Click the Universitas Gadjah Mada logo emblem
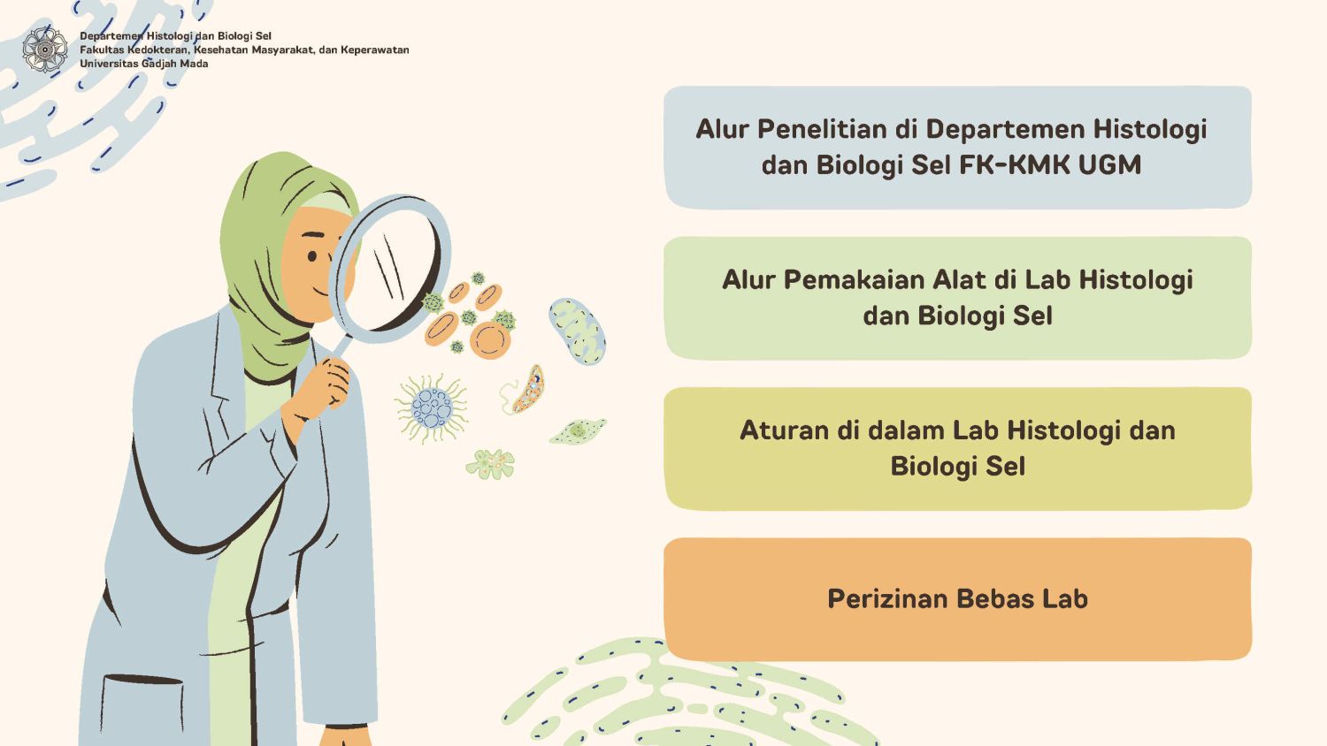[45, 49]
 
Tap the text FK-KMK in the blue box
[1014, 164]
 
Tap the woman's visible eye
[312, 256]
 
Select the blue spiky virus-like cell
[432, 407]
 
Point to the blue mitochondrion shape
[577, 331]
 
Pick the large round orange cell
[490, 341]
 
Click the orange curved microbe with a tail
[524, 391]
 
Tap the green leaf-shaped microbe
[578, 431]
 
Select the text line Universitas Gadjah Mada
[144, 64]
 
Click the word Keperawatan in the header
[375, 49]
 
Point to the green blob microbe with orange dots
[490, 464]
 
